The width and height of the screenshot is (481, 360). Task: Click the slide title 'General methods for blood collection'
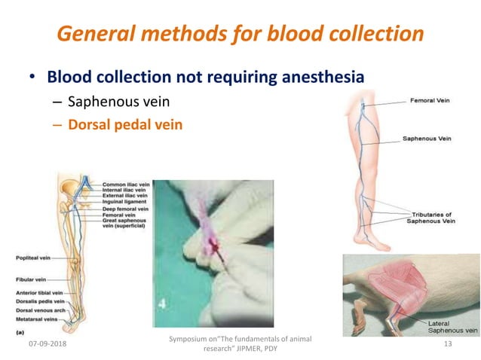(x=240, y=34)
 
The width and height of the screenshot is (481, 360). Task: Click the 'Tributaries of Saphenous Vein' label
(x=432, y=218)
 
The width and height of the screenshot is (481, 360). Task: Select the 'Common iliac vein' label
(x=126, y=184)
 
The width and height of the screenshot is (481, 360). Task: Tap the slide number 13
(x=448, y=344)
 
